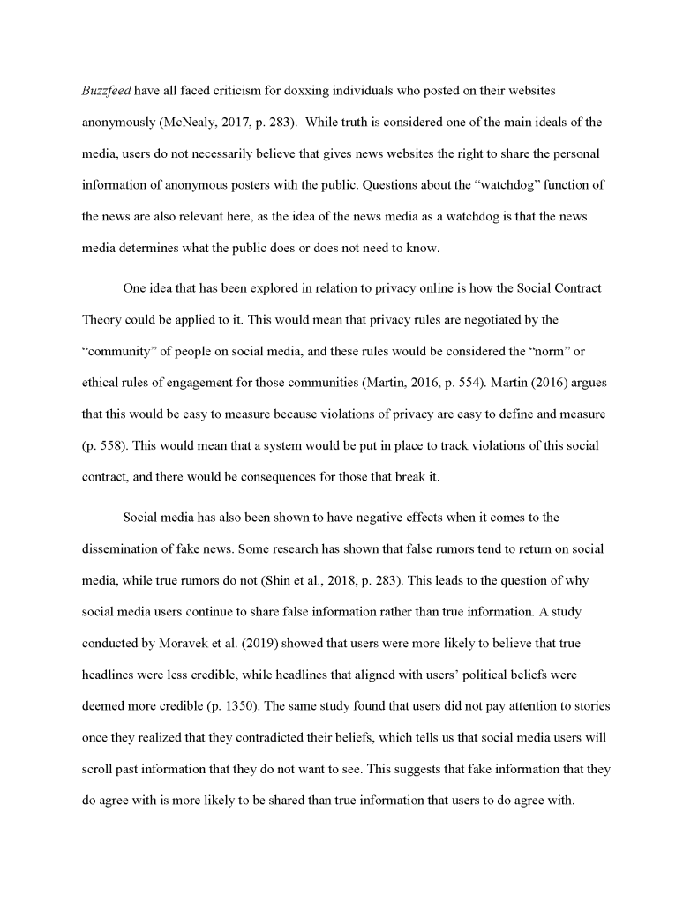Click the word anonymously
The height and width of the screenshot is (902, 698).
tap(120, 122)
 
